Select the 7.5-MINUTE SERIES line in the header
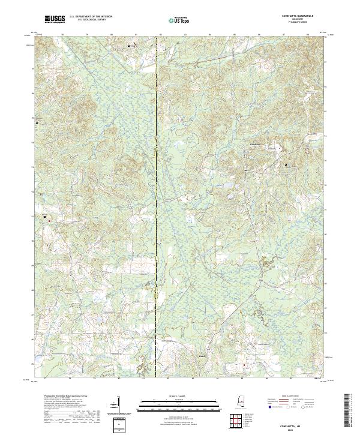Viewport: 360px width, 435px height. [x=295, y=23]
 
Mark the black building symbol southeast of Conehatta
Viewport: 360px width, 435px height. [x=286, y=164]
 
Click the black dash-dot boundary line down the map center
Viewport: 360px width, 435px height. [x=157, y=210]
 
